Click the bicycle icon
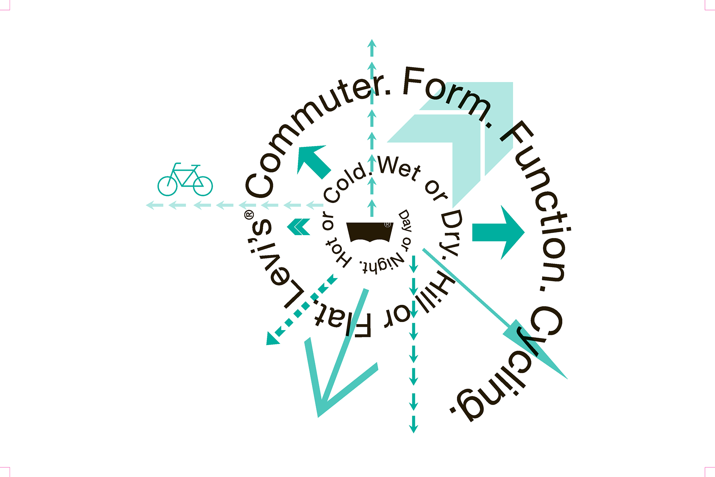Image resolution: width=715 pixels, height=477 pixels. pos(185,180)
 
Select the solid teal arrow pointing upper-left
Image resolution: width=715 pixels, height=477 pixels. pos(313,160)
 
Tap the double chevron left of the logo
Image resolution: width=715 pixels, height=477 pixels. pos(299,227)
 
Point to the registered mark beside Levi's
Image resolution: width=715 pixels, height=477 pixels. pos(249,215)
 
